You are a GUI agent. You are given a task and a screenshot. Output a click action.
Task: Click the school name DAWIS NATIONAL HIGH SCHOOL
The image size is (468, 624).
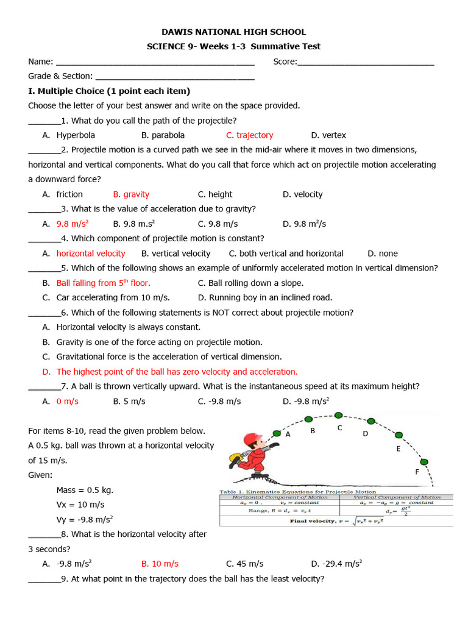pos(234,32)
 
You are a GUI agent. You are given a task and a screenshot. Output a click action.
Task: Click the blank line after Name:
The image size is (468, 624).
pos(155,62)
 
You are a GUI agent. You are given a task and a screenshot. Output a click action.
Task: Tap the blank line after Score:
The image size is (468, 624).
pos(366,62)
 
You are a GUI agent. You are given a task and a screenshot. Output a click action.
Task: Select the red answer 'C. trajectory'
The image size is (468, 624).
pos(249,135)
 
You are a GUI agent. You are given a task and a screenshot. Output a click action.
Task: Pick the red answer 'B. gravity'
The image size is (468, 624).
pos(131,194)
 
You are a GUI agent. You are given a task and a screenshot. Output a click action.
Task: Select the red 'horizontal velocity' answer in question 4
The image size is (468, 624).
pos(91,253)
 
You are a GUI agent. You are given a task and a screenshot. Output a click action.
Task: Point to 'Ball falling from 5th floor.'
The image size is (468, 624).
pos(103,283)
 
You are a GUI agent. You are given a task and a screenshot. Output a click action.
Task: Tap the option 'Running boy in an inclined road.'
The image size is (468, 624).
pos(265,298)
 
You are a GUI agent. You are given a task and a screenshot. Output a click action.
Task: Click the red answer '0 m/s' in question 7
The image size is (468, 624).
pos(68,402)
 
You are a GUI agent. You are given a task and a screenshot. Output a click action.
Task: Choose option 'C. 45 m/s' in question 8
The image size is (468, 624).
pos(244,564)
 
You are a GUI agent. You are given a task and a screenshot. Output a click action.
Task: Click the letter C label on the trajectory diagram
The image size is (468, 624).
pos(340,428)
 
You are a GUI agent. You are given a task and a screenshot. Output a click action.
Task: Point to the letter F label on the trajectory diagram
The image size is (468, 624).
pos(417,472)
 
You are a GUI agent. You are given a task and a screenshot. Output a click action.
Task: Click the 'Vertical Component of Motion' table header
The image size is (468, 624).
pos(395,497)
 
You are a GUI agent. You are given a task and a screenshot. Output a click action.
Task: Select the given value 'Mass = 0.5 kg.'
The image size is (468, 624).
pos(85,490)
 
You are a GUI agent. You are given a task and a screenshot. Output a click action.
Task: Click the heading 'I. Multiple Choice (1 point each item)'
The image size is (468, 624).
pos(109,91)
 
